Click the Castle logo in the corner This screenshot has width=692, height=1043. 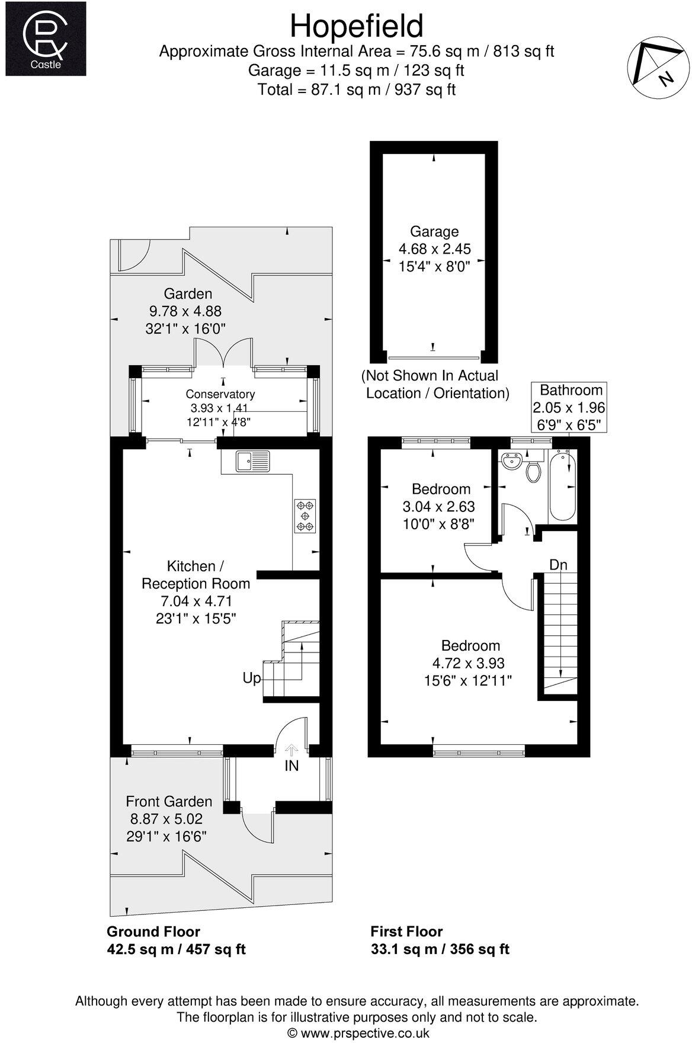[x=45, y=39]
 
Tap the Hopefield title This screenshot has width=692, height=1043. [x=357, y=27]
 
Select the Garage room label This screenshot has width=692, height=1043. [x=434, y=231]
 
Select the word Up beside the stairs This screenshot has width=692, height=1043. [x=252, y=677]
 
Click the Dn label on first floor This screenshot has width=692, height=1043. [x=558, y=565]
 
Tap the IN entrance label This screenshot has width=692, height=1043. [x=291, y=766]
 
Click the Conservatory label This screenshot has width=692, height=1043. [x=220, y=394]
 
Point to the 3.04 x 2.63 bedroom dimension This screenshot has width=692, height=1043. [x=438, y=507]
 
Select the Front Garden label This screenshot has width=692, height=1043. [x=169, y=802]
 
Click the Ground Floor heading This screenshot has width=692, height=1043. [x=153, y=931]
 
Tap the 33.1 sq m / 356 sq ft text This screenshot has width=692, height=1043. [x=440, y=949]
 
